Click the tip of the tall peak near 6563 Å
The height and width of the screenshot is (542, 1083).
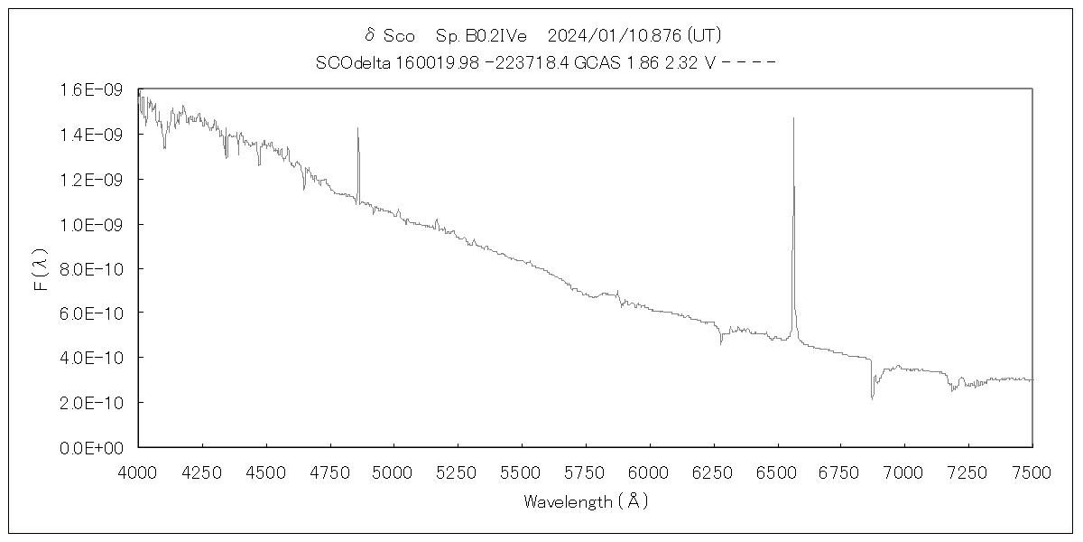click(x=793, y=118)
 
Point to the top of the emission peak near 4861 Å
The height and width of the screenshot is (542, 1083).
click(x=357, y=128)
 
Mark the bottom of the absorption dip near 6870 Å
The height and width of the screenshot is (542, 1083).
click(x=872, y=398)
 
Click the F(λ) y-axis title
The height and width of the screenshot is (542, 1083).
click(x=41, y=269)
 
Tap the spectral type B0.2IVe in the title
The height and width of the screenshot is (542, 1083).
click(x=493, y=35)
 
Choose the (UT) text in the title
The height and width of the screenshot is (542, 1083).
click(x=703, y=35)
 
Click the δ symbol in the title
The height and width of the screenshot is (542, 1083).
click(x=369, y=35)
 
